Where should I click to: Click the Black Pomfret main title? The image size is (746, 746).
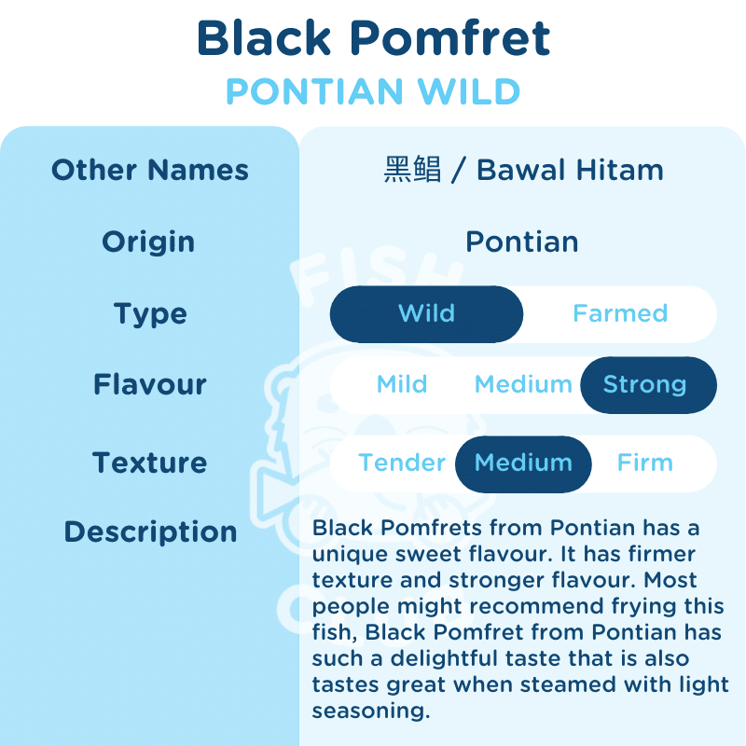click(374, 37)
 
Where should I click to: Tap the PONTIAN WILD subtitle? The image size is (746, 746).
click(374, 90)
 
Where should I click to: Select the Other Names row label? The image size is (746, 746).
click(150, 170)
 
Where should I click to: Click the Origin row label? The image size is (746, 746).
click(148, 242)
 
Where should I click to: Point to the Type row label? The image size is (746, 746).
click(150, 314)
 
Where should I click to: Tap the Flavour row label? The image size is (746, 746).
click(150, 384)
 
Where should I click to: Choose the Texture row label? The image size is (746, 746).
click(150, 463)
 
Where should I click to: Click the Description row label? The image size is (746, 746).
click(150, 532)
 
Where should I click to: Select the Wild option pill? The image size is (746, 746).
click(426, 314)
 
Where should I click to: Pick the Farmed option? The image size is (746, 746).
click(620, 313)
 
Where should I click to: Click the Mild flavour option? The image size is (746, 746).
click(402, 384)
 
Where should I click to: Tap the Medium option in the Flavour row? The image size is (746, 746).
click(523, 384)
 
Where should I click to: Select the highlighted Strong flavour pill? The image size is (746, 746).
click(648, 385)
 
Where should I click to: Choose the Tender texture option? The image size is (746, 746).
click(402, 463)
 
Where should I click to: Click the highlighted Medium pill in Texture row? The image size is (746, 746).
click(523, 463)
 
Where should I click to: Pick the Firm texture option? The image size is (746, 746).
click(645, 463)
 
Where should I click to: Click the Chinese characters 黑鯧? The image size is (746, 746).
click(412, 170)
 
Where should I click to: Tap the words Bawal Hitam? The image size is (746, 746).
click(570, 170)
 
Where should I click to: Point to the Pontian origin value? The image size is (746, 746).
click(522, 242)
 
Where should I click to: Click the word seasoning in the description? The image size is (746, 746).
click(371, 711)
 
